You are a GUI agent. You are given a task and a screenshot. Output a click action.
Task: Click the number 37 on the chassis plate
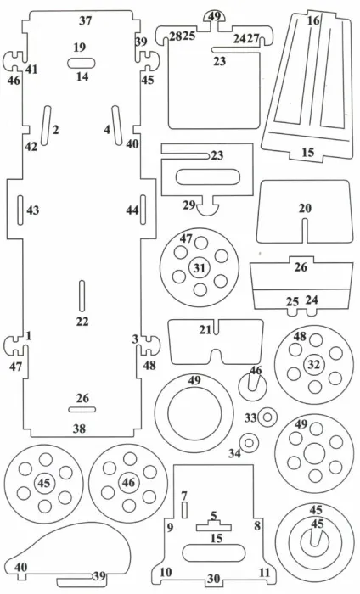coord(85,20)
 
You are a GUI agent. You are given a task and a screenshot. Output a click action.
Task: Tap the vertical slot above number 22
coord(82,296)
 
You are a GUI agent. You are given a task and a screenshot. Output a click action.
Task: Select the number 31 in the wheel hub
coord(200,268)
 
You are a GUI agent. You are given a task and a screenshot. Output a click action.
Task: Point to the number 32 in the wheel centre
coord(314,364)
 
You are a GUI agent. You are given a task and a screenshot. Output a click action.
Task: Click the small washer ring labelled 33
coord(267,417)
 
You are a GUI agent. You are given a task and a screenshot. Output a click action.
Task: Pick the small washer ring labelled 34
coord(249,442)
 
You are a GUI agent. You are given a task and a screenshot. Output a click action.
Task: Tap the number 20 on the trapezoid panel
coord(305,208)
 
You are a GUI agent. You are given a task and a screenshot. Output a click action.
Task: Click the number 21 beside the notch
coord(205,330)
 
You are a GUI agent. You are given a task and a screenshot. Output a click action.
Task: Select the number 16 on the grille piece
coord(313,20)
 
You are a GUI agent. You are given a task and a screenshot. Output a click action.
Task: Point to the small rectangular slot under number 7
coord(184,510)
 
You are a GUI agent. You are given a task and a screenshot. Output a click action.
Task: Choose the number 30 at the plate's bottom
coord(214,579)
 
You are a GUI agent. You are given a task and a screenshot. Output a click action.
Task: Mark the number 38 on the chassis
coord(80,429)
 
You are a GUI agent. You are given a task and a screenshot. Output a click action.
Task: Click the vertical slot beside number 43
coord(20,210)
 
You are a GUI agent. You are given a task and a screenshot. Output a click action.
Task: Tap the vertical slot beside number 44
coord(143,210)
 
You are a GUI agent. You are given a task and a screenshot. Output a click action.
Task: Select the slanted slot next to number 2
coord(46,126)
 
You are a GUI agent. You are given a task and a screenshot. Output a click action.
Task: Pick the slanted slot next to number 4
coord(117,126)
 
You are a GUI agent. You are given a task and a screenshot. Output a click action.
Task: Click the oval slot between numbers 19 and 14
coord(82,64)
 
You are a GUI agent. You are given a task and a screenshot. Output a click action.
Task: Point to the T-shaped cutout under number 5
coord(214,526)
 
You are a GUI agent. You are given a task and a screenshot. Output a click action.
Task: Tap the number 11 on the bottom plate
coord(265,572)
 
